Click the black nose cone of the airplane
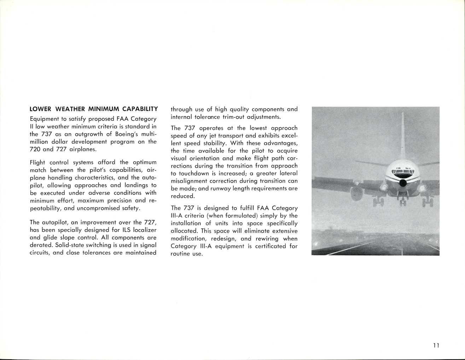[x=403, y=183]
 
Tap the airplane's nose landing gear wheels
[x=402, y=202]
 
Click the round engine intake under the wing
[x=357, y=193]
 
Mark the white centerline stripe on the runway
[x=402, y=247]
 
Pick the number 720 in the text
[x=35, y=149]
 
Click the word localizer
[x=145, y=230]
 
